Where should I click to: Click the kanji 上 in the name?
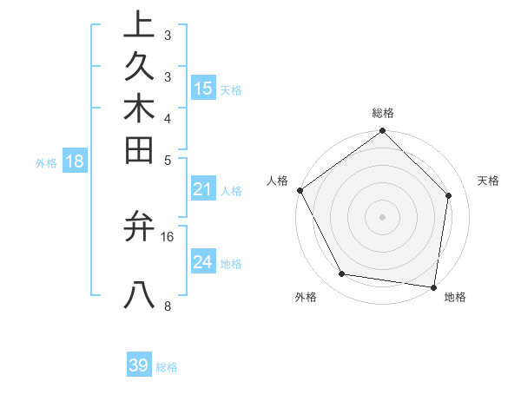[139, 24]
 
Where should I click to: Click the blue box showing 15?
[203, 88]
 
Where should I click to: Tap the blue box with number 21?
[203, 189]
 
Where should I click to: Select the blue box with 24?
[203, 262]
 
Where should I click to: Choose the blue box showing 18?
[75, 161]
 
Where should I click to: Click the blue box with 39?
[139, 365]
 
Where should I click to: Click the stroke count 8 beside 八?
[168, 306]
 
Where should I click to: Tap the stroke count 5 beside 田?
[168, 160]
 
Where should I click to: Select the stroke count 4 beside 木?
[168, 118]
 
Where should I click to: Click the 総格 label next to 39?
[167, 367]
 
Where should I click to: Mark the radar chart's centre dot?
[382, 216]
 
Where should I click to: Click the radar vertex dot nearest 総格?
[382, 132]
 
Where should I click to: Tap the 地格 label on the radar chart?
[455, 298]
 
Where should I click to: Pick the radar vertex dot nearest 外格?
[342, 274]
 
